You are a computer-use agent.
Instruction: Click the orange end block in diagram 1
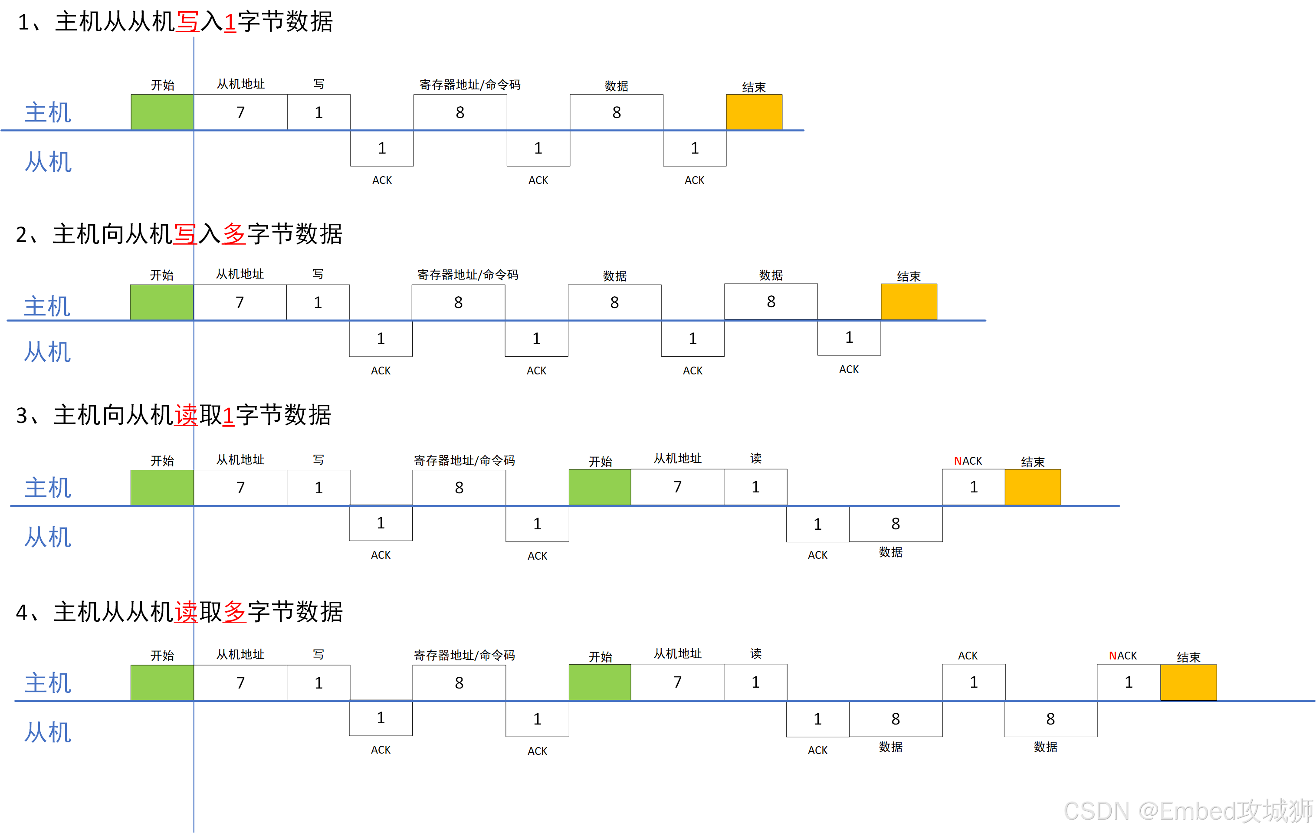click(754, 112)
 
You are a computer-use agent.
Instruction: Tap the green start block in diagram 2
click(162, 302)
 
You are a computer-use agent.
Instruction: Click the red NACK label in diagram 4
click(1122, 656)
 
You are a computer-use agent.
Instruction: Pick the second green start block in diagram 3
click(600, 487)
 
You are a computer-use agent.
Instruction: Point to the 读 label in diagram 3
click(755, 458)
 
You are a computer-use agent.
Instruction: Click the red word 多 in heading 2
click(234, 234)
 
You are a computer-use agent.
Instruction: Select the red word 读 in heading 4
click(186, 612)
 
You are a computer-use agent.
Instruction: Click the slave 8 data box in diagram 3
click(895, 524)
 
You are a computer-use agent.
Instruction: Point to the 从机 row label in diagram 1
click(48, 162)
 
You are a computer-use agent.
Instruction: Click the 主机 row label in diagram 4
click(48, 683)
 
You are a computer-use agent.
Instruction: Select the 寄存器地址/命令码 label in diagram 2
click(467, 274)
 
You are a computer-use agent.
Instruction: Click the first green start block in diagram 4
click(162, 683)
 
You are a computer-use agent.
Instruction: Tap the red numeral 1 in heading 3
click(228, 415)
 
